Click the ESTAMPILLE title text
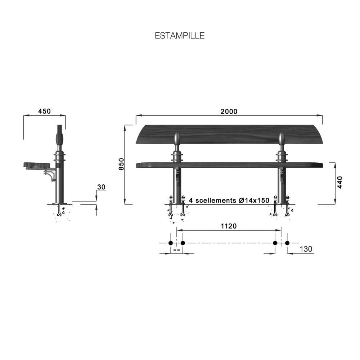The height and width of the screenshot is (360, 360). point(180,36)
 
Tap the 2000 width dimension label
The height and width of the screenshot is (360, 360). point(229,111)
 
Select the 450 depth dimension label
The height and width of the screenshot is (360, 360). point(44,111)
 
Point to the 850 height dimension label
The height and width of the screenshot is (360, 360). point(121,164)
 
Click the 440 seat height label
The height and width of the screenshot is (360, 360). point(340,182)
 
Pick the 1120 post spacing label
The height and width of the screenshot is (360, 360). point(229,226)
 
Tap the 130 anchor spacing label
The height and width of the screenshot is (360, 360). point(306,249)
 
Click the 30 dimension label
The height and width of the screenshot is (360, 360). point(101,187)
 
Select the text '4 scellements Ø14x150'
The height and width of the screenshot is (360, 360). point(229,200)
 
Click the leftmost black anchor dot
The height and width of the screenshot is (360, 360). point(171,243)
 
